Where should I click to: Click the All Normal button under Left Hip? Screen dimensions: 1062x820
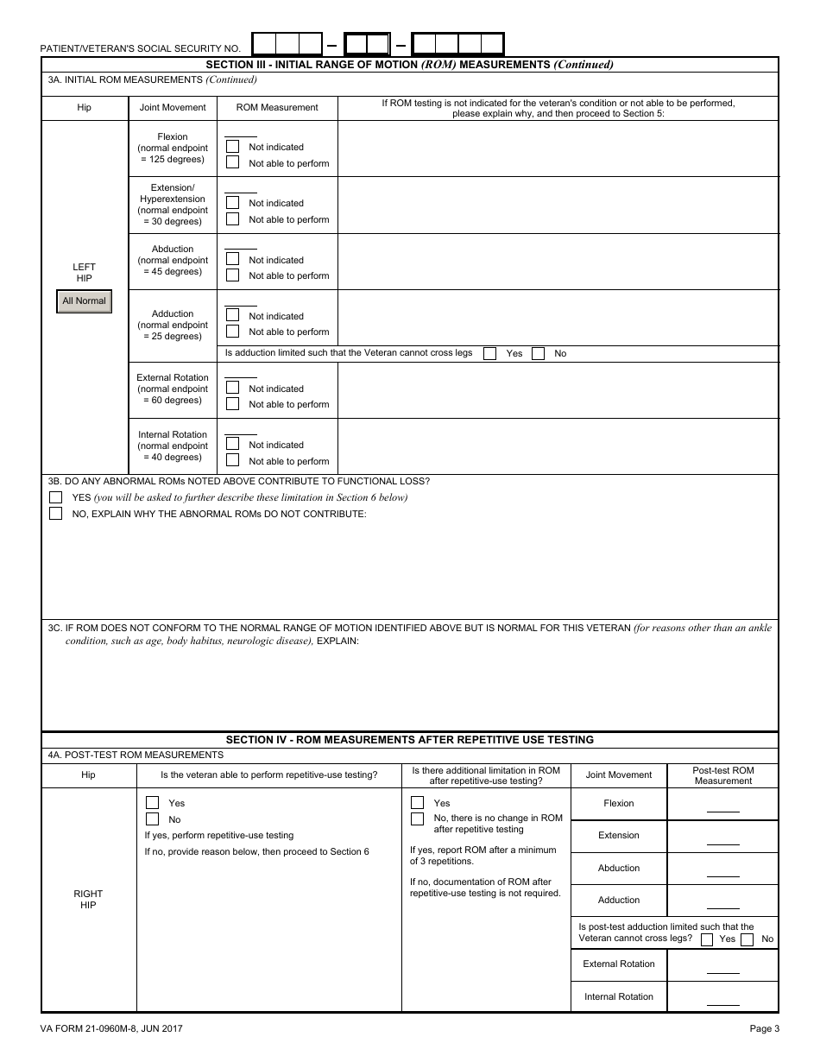[x=84, y=301]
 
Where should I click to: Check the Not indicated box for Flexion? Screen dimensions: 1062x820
[x=232, y=147]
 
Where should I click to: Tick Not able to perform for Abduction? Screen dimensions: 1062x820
[x=232, y=275]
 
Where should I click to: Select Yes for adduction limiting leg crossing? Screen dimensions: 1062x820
[x=489, y=353]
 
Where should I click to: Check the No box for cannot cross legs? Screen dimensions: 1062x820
[x=538, y=353]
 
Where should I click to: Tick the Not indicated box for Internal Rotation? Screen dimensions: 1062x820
[x=232, y=445]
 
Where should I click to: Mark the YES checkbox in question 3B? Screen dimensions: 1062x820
[x=56, y=497]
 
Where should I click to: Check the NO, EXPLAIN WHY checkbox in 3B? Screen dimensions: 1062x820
[x=56, y=514]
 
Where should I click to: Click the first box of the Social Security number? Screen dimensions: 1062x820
[x=263, y=44]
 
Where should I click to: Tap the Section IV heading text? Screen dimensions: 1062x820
[x=409, y=740]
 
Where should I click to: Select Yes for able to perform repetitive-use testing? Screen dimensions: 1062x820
[x=152, y=802]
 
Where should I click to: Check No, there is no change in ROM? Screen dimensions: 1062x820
[x=417, y=818]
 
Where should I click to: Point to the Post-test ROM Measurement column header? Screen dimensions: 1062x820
[x=722, y=775]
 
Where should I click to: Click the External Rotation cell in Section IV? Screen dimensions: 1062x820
[x=619, y=964]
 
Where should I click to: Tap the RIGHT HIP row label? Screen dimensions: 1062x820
[x=88, y=900]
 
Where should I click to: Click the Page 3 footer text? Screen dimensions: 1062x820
[x=764, y=1028]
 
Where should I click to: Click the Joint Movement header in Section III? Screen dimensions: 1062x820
[x=173, y=108]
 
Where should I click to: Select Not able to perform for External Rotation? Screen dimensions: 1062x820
[x=232, y=404]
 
